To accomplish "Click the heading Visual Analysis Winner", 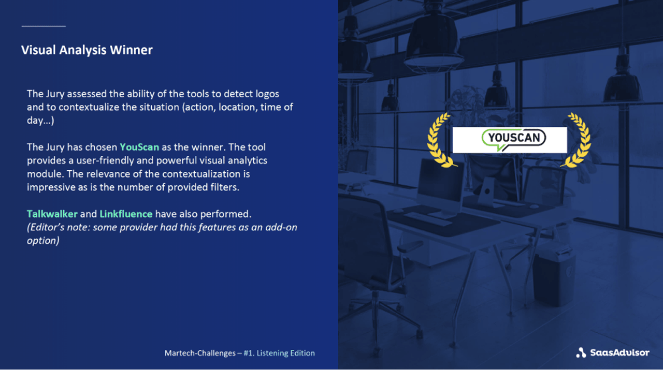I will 87,50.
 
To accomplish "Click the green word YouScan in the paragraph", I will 139,147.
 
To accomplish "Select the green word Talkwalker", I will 52,214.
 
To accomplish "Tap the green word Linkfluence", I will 126,214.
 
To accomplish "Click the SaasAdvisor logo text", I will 619,352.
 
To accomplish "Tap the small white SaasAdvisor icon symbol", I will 581,352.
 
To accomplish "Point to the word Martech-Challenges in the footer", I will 200,353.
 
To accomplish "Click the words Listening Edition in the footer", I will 286,353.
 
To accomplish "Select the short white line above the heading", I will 44,25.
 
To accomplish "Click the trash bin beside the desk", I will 554,276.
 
